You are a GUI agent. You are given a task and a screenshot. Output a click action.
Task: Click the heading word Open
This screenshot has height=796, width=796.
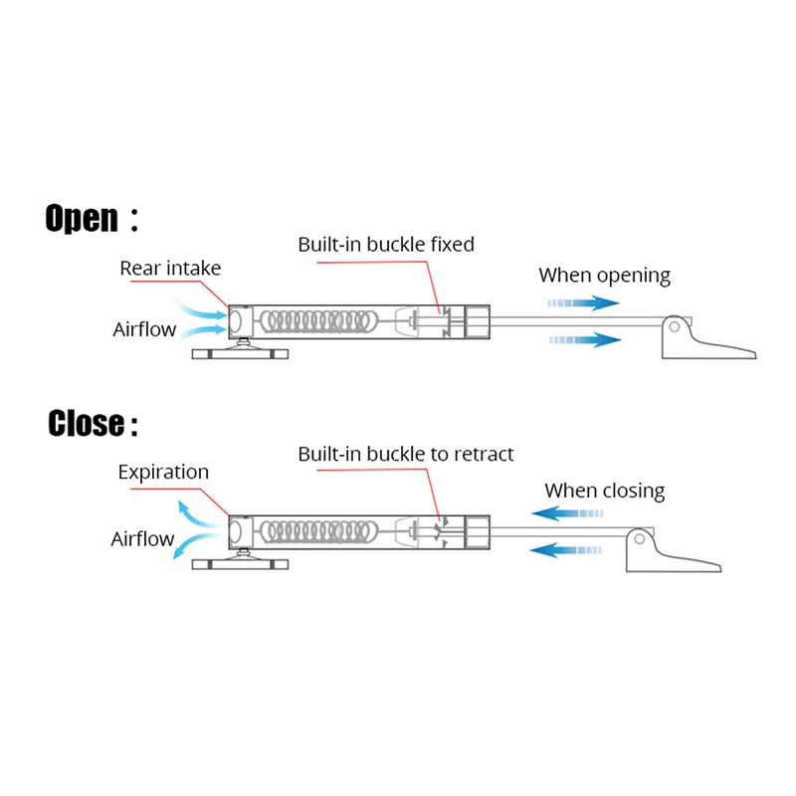pyautogui.click(x=82, y=218)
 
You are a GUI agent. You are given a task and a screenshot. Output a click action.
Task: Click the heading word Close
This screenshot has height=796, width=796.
pyautogui.click(x=87, y=425)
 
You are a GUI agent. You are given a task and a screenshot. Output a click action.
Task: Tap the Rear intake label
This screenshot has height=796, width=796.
pyautogui.click(x=170, y=268)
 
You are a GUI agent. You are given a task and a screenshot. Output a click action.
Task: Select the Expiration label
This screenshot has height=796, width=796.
pyautogui.click(x=163, y=472)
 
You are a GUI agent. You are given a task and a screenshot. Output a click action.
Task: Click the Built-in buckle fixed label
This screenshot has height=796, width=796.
pyautogui.click(x=386, y=244)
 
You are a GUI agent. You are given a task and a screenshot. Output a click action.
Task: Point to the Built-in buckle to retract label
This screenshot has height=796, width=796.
pyautogui.click(x=406, y=454)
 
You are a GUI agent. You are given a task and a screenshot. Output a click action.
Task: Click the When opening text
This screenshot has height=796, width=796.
pyautogui.click(x=604, y=276)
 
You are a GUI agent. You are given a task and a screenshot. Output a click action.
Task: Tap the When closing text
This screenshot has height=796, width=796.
pyautogui.click(x=604, y=490)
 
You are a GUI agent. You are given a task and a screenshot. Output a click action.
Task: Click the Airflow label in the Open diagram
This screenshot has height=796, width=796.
pyautogui.click(x=144, y=329)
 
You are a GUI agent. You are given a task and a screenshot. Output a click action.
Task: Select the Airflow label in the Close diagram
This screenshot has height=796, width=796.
pyautogui.click(x=142, y=539)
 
